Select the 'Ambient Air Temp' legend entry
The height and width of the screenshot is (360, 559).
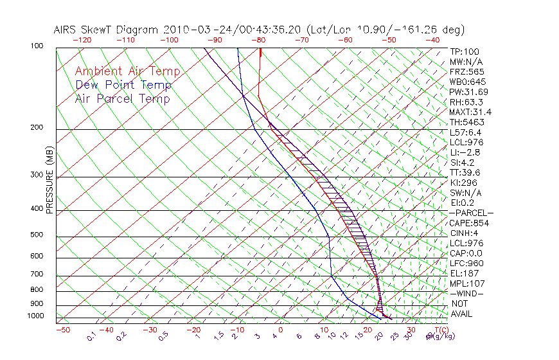128,71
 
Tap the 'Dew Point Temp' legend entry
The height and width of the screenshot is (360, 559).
123,85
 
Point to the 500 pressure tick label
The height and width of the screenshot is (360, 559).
36,235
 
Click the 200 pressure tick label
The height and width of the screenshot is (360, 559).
36,127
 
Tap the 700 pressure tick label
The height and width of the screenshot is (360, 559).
36,274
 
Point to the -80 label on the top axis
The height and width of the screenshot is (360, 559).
259,40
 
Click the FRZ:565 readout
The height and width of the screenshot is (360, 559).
466,71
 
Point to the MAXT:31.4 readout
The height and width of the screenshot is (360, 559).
469,112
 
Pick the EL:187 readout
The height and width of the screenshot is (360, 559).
463,273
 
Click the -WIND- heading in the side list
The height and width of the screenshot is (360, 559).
466,293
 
